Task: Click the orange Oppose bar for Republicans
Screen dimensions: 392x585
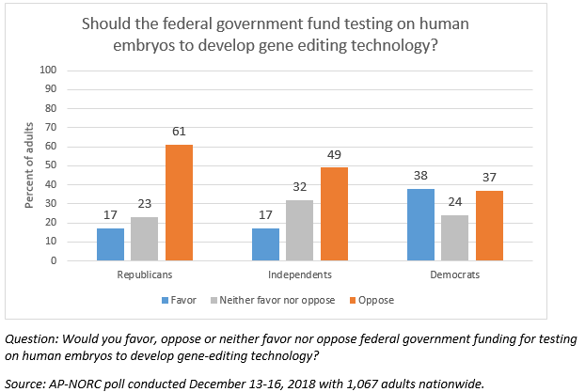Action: pyautogui.click(x=180, y=202)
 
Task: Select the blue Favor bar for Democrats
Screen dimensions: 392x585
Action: pyautogui.click(x=421, y=225)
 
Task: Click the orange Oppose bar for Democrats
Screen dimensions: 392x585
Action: pyautogui.click(x=489, y=226)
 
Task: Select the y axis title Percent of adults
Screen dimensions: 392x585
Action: pyautogui.click(x=28, y=165)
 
